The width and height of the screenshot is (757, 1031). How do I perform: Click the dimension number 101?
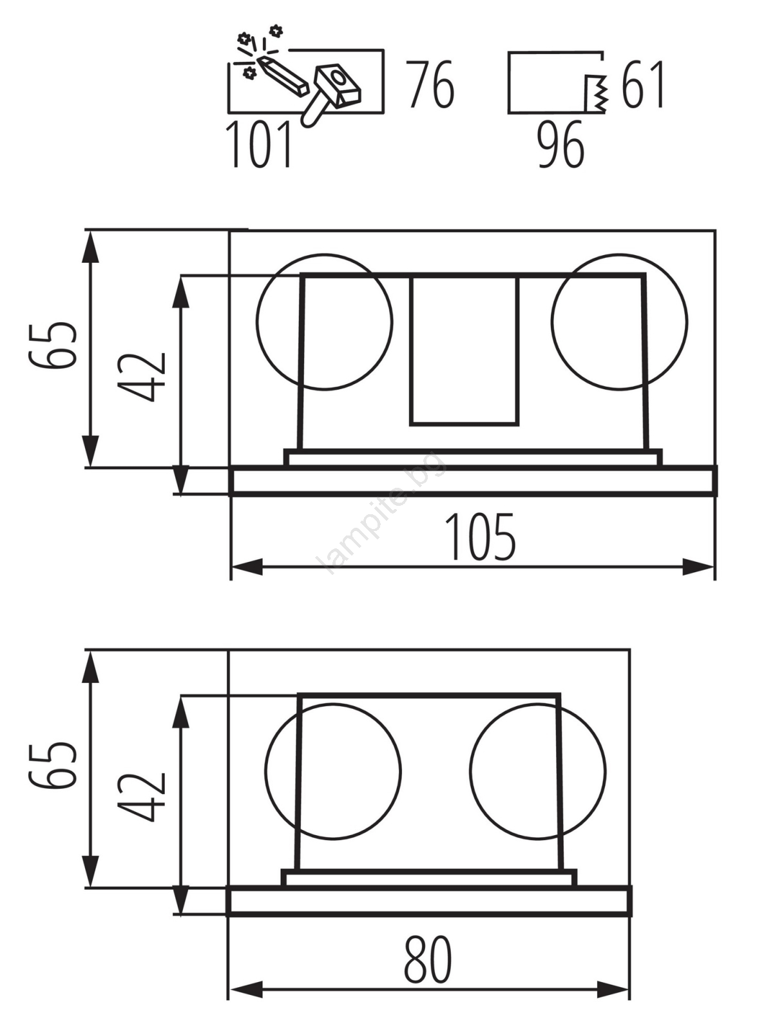[260, 144]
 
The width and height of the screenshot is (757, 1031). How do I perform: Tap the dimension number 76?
[432, 84]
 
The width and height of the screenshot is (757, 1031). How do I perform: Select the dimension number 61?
[642, 84]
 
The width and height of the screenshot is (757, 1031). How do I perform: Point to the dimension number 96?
[561, 144]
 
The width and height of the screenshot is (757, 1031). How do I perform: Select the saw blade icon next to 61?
[597, 93]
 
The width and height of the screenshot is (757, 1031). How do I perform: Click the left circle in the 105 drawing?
[257, 322]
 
